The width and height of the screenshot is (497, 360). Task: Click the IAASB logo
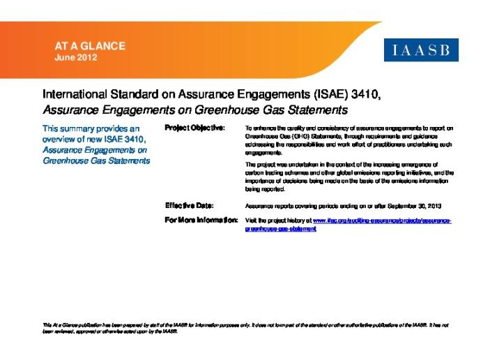click(421, 50)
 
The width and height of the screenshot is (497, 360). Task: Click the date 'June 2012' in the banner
click(76, 57)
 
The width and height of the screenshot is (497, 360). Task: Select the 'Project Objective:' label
click(194, 128)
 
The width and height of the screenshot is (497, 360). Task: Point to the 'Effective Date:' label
click(190, 206)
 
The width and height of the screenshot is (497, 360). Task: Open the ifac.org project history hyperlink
click(382, 220)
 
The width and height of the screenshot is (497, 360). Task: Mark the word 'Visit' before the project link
click(252, 220)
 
